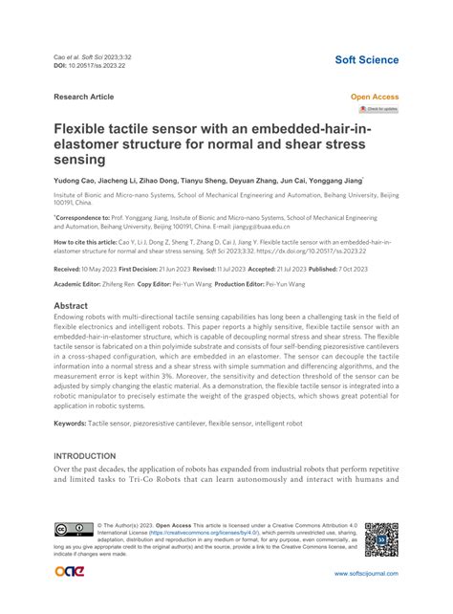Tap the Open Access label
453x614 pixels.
point(375,97)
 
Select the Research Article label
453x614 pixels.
point(83,97)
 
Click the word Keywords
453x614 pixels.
point(75,422)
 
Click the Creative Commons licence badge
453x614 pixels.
point(74,532)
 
